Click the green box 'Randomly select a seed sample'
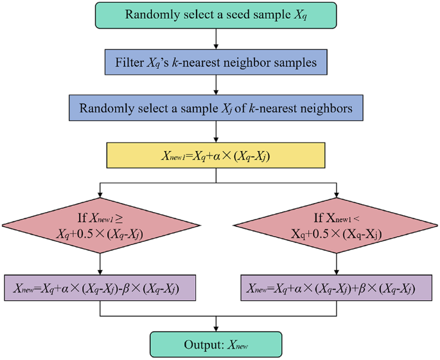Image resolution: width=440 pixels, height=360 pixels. click(216, 15)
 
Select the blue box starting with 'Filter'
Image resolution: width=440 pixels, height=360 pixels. click(216, 62)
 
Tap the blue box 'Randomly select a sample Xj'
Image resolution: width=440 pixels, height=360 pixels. click(216, 109)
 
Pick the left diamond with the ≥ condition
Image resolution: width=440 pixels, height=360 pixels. click(100, 224)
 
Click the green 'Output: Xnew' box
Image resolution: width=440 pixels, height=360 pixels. click(216, 344)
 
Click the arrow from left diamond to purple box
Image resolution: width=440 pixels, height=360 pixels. click(100, 264)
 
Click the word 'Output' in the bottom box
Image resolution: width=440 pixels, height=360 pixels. click(187, 344)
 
